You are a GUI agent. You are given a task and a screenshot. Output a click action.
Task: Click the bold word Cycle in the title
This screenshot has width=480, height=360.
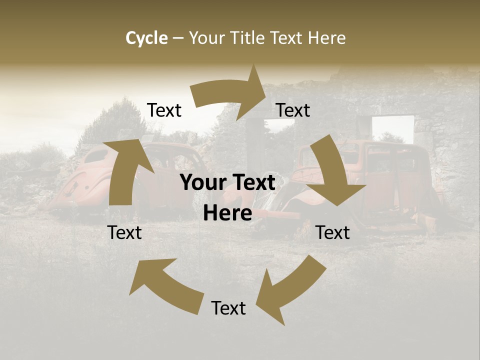click(146, 38)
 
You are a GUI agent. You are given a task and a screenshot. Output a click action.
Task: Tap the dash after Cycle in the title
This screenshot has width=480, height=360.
click(177, 38)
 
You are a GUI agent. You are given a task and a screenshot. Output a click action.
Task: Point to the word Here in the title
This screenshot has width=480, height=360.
click(327, 38)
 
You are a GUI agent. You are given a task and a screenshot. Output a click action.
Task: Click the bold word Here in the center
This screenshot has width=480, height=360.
click(227, 213)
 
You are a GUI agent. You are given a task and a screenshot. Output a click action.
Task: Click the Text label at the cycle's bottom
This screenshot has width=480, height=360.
click(228, 308)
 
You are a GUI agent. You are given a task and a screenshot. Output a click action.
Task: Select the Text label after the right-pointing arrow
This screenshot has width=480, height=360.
click(293, 110)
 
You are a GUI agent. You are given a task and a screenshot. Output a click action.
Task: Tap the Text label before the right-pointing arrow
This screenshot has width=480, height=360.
click(164, 110)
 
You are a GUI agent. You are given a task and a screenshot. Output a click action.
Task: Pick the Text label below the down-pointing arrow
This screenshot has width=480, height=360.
click(333, 233)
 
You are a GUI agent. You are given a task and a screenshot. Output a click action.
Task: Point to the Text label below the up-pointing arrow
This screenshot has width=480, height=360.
click(124, 233)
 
